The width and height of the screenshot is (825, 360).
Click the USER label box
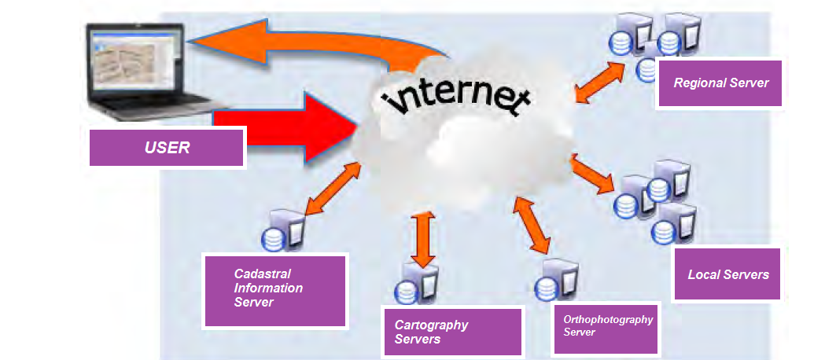(x=167, y=147)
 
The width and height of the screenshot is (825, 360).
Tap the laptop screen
(x=135, y=59)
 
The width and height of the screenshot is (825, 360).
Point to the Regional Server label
(x=720, y=83)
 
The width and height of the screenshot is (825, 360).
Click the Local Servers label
(x=727, y=274)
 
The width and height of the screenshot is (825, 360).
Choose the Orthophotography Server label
(x=608, y=326)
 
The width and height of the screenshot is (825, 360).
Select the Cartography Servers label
(x=452, y=332)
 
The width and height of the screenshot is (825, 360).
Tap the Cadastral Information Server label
(x=274, y=288)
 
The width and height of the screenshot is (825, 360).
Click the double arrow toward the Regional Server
(x=602, y=80)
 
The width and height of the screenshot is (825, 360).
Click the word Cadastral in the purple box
(x=263, y=274)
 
